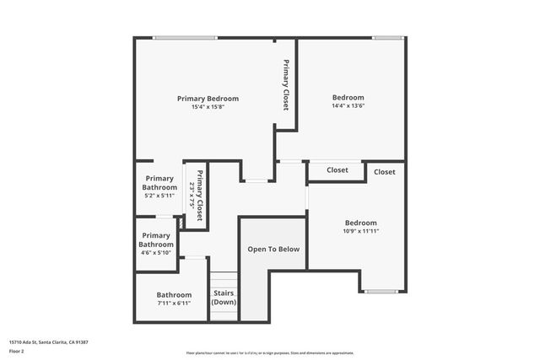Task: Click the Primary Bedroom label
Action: [208, 98]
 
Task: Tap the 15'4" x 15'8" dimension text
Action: [208, 107]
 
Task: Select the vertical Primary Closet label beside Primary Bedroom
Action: [286, 85]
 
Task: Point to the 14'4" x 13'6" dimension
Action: [348, 107]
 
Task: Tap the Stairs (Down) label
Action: [224, 298]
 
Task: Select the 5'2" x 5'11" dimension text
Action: [159, 195]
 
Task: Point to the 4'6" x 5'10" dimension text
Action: [156, 252]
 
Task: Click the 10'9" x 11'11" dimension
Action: [360, 231]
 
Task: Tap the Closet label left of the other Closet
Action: [337, 170]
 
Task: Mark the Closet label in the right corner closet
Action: [385, 172]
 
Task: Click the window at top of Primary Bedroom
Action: [185, 37]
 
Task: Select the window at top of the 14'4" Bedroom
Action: [386, 37]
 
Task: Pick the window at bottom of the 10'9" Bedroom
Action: [380, 292]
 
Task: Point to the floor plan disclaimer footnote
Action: [270, 353]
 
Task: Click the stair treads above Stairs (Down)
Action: [224, 280]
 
